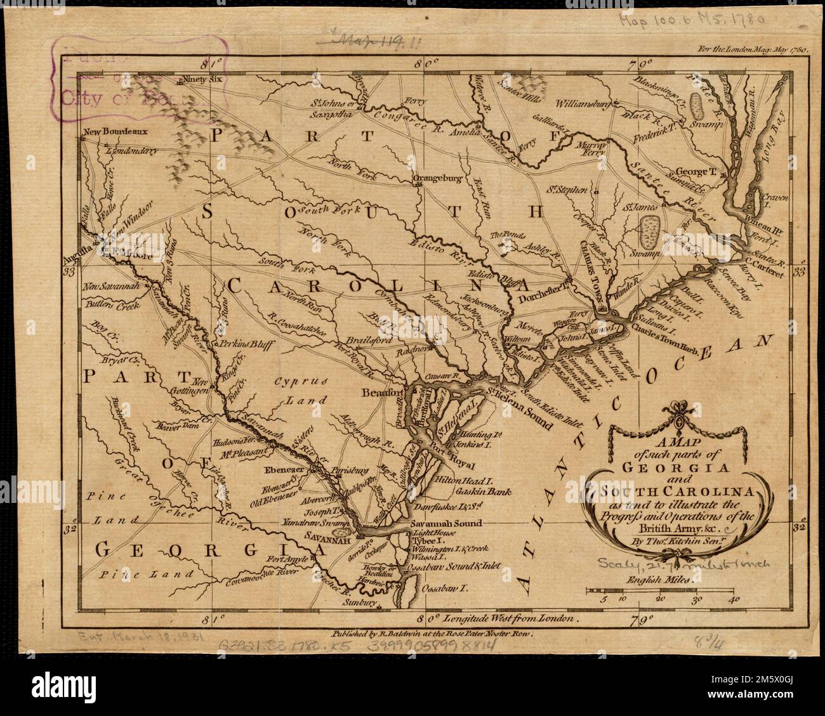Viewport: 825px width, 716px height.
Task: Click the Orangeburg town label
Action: [436, 179]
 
